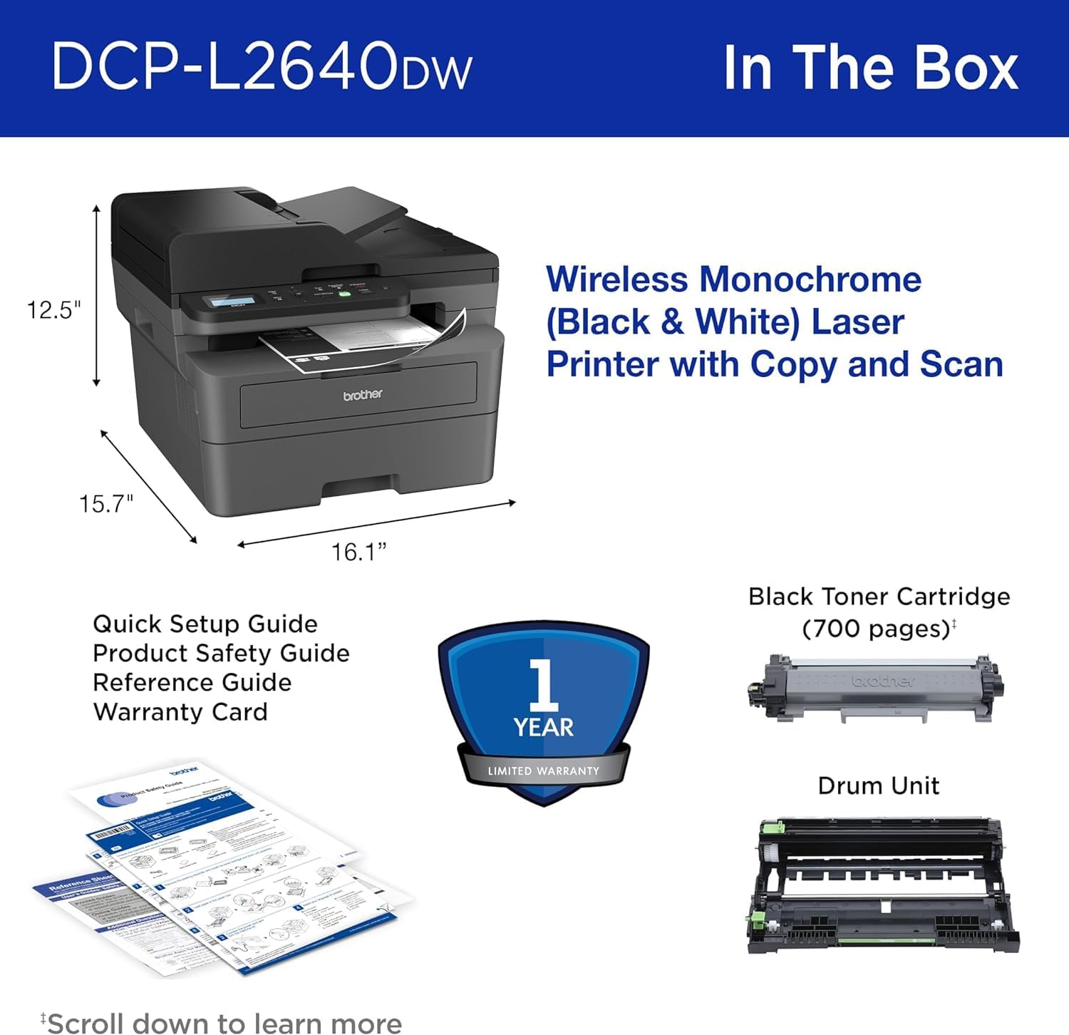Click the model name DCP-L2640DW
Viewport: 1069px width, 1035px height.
point(261,67)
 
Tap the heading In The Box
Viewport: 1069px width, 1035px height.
point(870,68)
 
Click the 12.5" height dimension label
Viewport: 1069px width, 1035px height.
point(54,310)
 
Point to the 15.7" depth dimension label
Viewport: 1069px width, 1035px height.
point(106,504)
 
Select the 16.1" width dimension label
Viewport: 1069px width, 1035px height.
point(358,552)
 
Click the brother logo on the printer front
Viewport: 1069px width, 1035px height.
point(363,394)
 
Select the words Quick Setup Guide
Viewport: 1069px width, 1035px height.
point(205,624)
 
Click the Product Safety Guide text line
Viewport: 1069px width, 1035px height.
point(221,653)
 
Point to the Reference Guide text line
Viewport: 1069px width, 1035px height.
point(192,682)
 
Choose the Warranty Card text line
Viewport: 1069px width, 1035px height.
point(180,711)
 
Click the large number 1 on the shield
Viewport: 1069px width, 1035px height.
point(544,684)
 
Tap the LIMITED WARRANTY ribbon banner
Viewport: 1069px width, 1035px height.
point(544,771)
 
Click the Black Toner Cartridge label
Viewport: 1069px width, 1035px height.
point(879,597)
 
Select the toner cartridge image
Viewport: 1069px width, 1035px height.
point(876,689)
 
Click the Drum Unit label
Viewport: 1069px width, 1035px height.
point(878,786)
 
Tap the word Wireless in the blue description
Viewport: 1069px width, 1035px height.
point(616,279)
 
